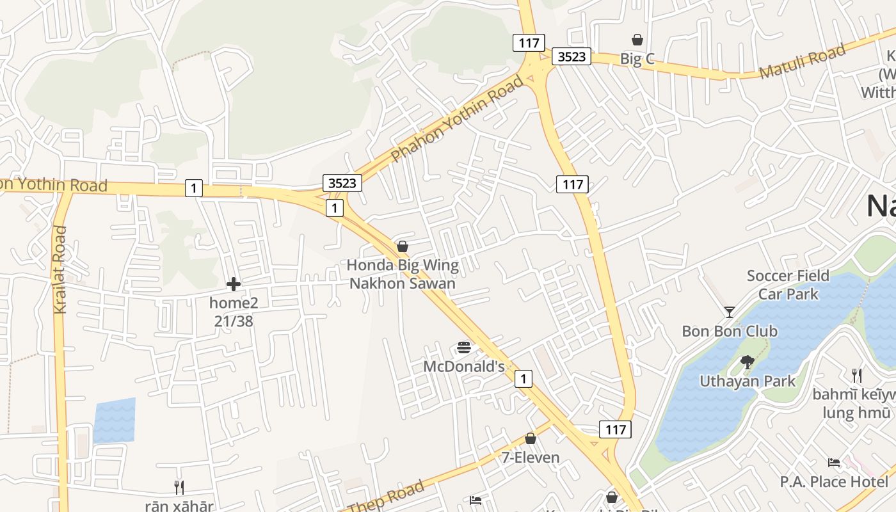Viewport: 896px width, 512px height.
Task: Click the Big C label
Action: point(637,60)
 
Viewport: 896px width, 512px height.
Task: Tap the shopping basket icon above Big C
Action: point(637,40)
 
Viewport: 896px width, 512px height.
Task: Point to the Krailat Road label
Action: point(60,269)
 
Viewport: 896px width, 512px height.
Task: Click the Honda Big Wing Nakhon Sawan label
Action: point(403,274)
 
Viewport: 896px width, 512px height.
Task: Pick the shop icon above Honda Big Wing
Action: point(403,246)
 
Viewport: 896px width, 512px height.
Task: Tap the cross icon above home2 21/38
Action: point(234,284)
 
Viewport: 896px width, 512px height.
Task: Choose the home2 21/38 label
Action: point(234,312)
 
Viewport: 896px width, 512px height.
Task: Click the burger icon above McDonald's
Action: point(464,348)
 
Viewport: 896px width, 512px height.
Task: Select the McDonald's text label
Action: point(464,367)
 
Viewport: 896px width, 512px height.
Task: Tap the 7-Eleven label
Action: point(530,458)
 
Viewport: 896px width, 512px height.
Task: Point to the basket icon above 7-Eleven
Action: point(530,438)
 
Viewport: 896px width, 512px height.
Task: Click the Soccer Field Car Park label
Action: point(788,285)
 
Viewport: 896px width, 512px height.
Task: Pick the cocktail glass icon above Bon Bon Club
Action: point(729,312)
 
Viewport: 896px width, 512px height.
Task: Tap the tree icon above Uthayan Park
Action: point(747,362)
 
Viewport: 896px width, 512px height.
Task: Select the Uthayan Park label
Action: point(748,381)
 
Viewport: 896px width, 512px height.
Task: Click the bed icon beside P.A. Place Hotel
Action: point(834,463)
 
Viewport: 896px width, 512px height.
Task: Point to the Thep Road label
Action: point(387,496)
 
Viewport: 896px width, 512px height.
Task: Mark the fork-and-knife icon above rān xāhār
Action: point(179,488)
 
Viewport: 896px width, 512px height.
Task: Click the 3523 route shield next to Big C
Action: point(571,56)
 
